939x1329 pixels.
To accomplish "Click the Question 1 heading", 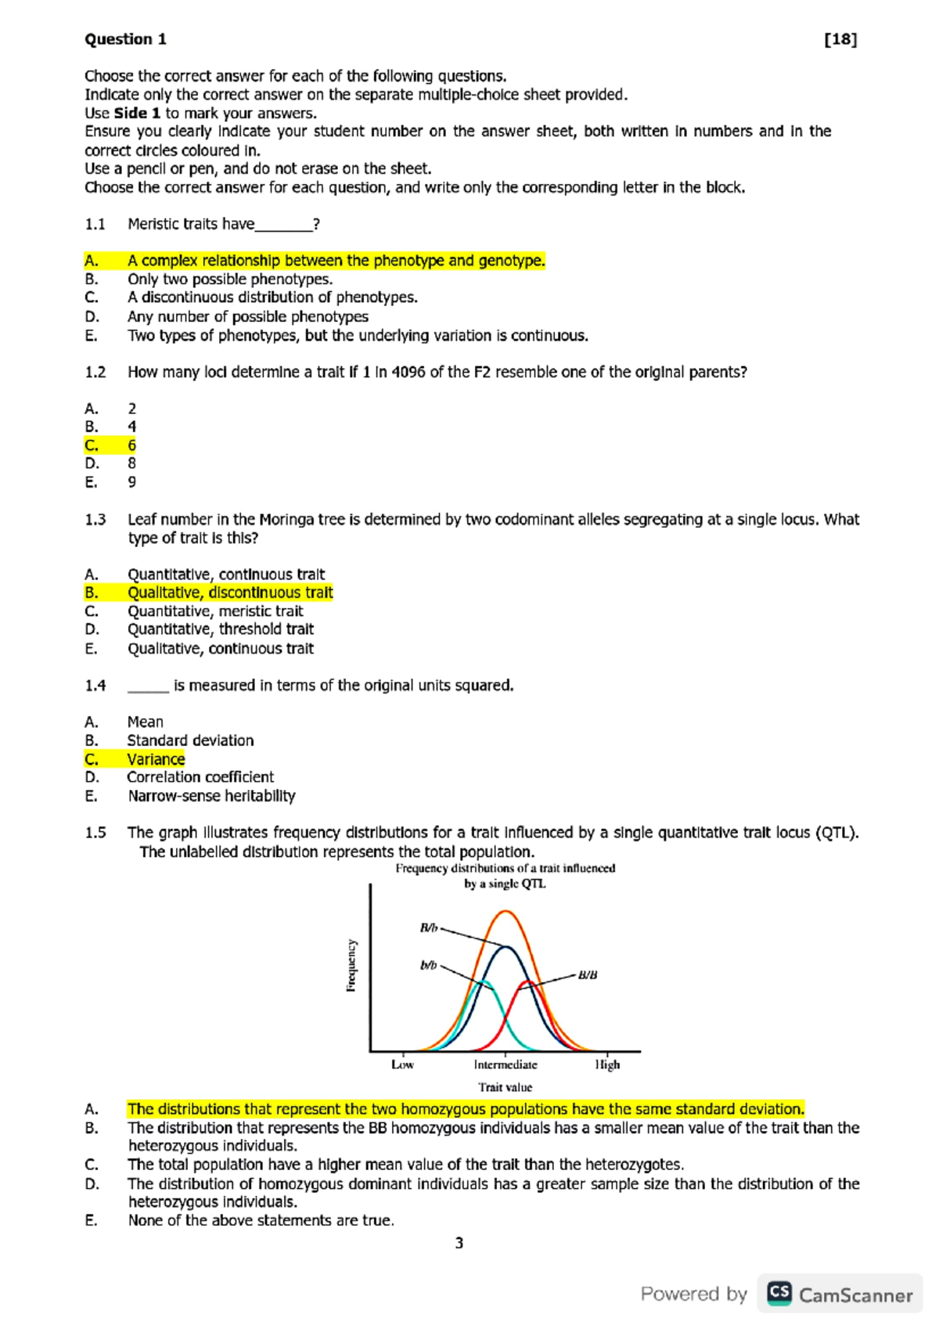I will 125,39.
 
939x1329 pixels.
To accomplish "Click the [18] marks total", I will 840,39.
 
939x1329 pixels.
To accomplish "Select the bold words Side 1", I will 137,113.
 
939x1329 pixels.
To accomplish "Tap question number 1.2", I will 95,372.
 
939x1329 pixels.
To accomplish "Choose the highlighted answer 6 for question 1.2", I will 131,445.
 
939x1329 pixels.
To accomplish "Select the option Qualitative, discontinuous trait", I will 230,592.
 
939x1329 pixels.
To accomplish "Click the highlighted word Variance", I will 156,759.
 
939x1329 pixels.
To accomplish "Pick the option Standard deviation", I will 190,740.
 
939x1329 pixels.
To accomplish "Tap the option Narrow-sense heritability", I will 211,796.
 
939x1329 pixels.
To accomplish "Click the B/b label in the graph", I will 429,928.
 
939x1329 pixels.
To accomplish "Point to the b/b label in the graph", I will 428,965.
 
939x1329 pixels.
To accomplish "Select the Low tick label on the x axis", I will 402,1064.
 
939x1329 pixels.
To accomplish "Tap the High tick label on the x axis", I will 607,1064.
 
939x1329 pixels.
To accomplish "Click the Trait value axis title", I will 505,1087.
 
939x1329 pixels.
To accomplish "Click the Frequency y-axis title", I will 351,966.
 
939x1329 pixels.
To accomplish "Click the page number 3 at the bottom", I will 459,1243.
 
